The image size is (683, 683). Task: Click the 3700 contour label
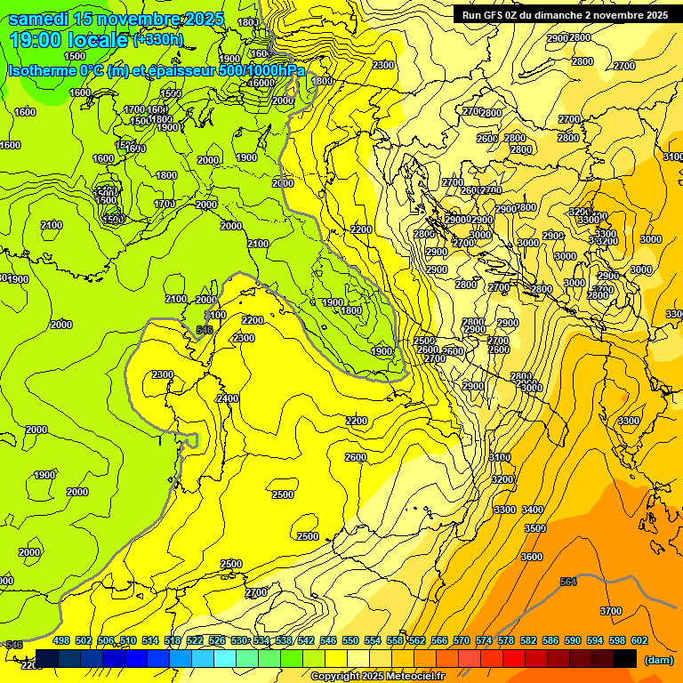[x=611, y=611]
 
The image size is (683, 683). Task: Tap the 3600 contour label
[x=532, y=557]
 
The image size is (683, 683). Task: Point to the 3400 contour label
[x=533, y=510]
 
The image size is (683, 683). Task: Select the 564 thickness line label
[x=568, y=582]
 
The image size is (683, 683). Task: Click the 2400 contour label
[x=228, y=399]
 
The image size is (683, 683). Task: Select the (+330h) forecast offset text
[x=157, y=39]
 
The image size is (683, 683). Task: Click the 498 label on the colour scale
[x=61, y=640]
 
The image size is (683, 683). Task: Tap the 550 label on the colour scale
[x=350, y=640]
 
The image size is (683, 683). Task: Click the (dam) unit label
[x=658, y=659]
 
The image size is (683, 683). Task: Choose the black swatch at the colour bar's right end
[x=625, y=658]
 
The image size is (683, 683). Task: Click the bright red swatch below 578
[x=513, y=658]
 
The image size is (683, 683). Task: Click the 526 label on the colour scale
[x=217, y=640]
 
